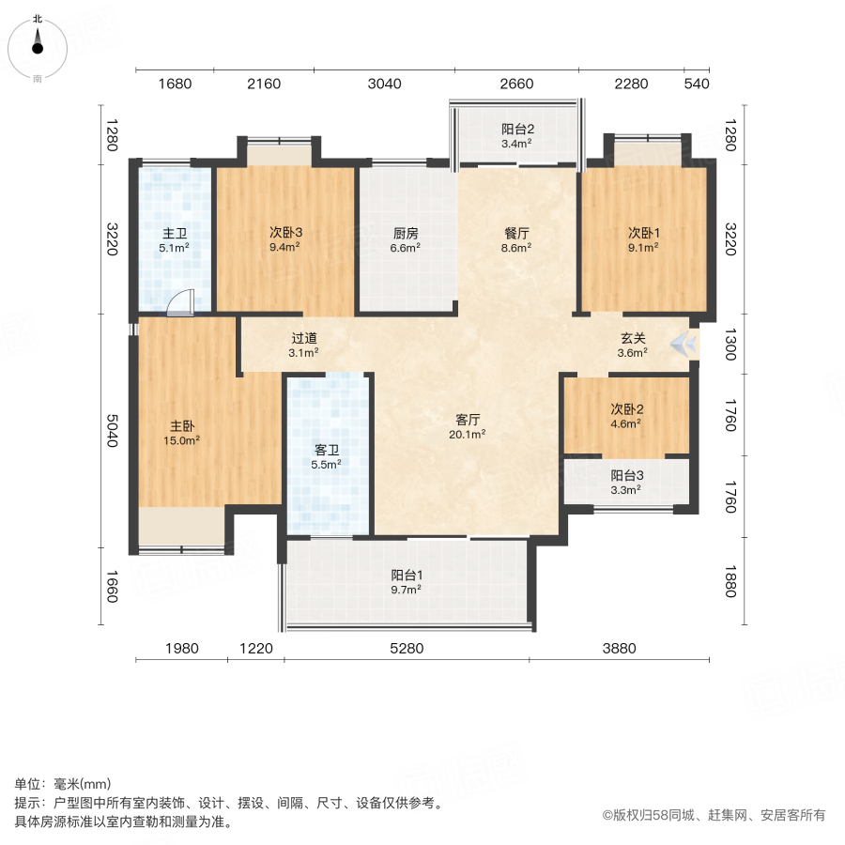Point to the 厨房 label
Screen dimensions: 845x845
click(x=406, y=233)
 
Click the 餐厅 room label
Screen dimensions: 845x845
click(x=515, y=233)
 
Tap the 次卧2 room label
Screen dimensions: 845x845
click(x=626, y=409)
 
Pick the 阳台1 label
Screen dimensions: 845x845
click(x=406, y=576)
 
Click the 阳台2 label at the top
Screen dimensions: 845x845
click(x=517, y=130)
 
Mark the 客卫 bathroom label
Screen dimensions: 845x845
click(x=326, y=449)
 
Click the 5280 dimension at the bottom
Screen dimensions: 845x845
click(x=407, y=648)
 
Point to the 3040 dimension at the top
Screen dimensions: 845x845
click(x=384, y=84)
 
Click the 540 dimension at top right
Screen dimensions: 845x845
click(x=696, y=84)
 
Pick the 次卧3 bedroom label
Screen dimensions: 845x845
click(x=284, y=233)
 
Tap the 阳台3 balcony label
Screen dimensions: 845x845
click(x=626, y=475)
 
